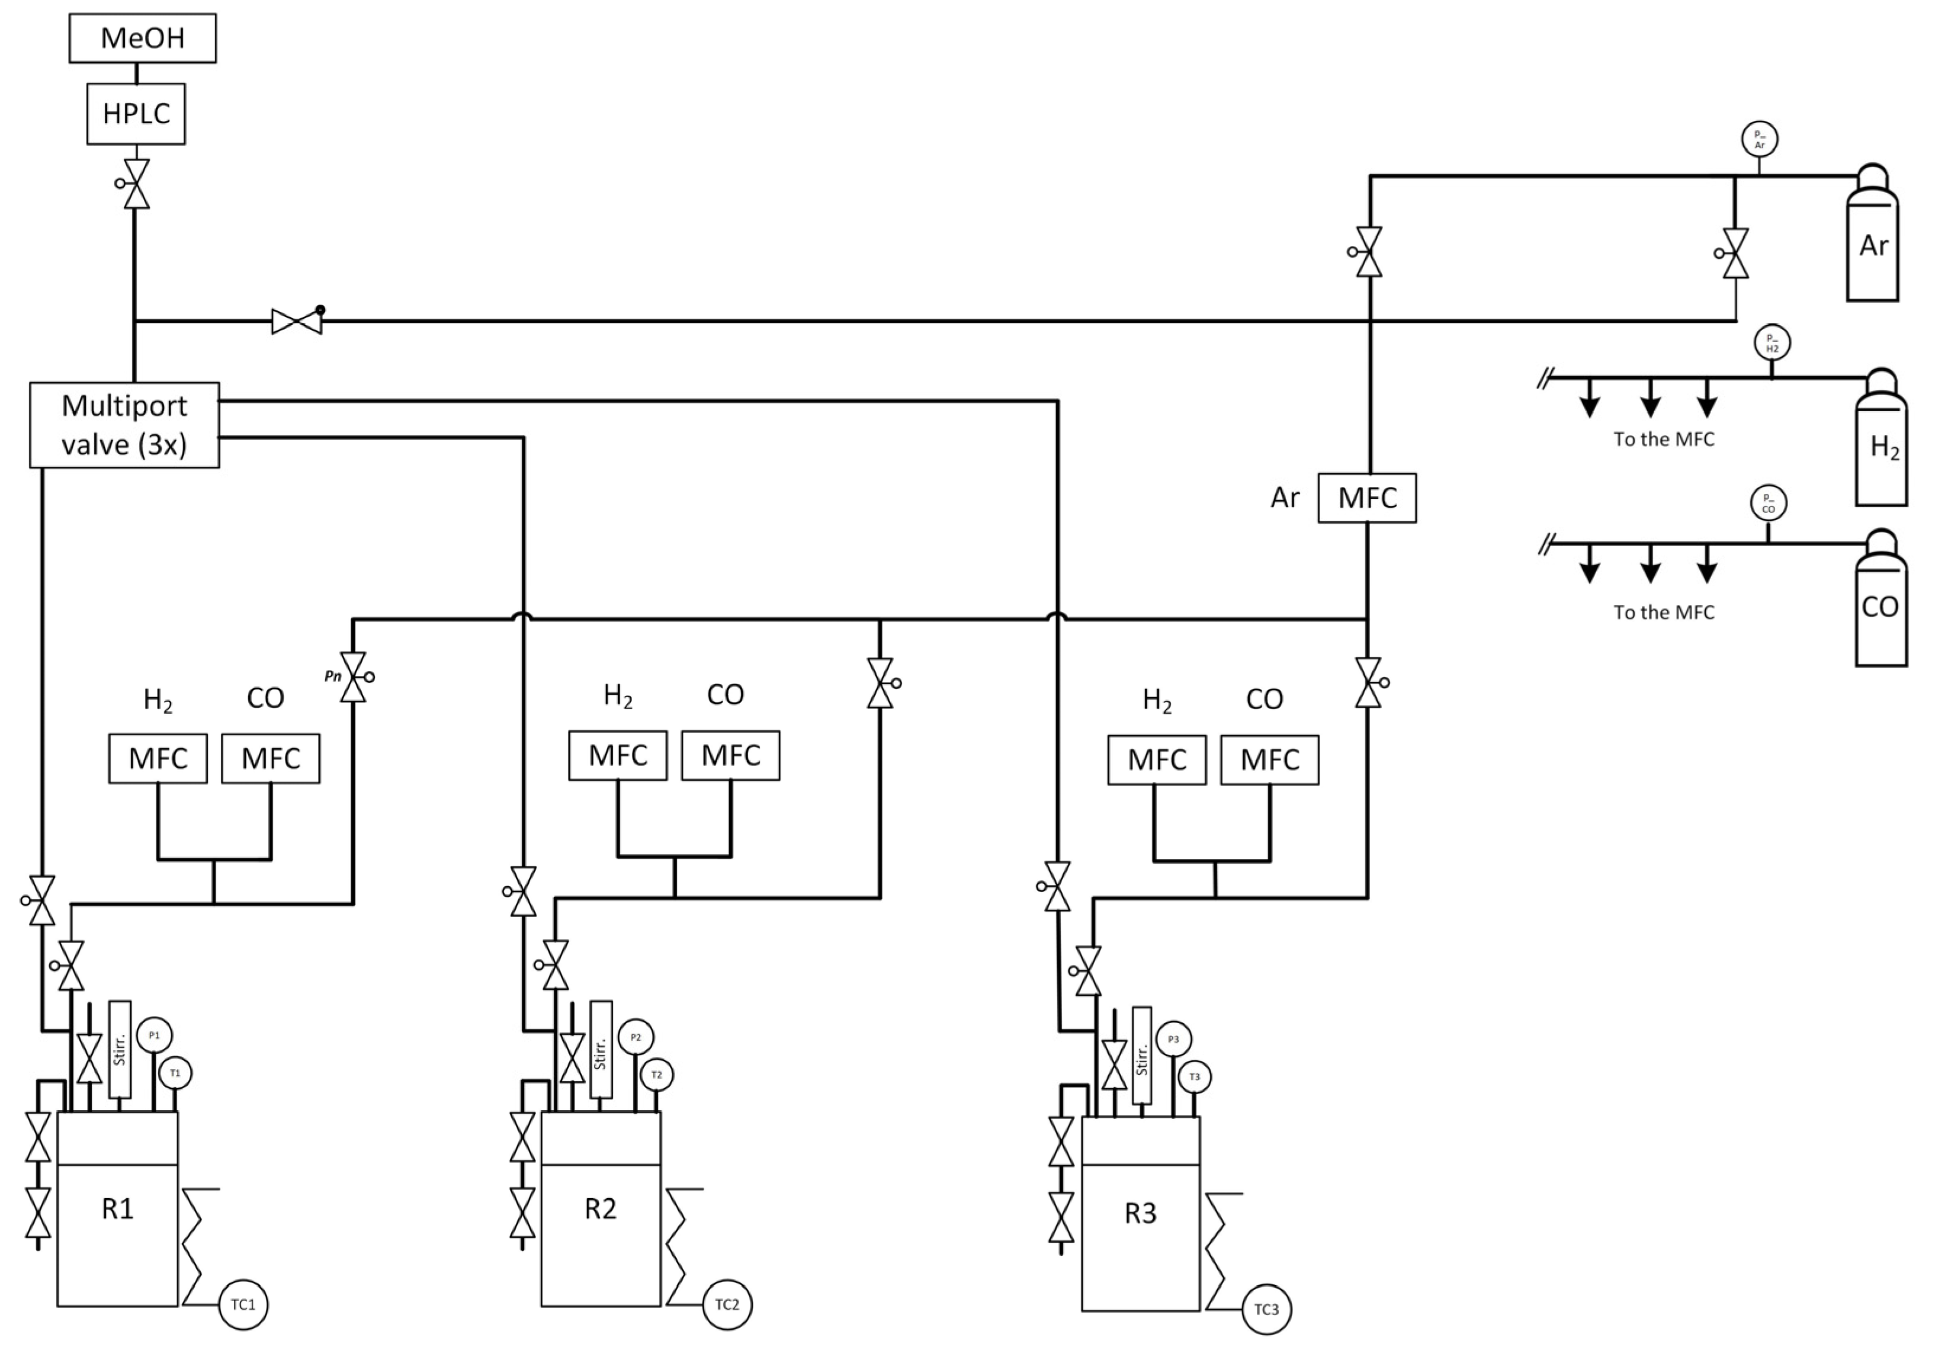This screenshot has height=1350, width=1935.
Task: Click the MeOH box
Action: coord(142,38)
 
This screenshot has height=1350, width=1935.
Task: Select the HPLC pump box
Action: coord(136,114)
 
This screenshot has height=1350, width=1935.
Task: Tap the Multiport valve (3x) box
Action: coord(124,425)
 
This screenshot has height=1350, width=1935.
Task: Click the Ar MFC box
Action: coord(1366,498)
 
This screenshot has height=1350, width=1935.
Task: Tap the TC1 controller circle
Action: coord(243,1304)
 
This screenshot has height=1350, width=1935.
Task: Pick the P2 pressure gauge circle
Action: coord(636,1037)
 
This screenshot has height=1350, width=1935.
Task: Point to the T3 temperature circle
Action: coord(1194,1077)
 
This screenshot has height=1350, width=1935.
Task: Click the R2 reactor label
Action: coord(600,1208)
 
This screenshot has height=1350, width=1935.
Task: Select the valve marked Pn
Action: coord(353,676)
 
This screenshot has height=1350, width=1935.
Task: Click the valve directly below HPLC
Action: coord(136,184)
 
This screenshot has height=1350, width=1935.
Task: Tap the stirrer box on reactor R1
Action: coord(120,1049)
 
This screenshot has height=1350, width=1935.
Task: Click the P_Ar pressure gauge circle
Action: coord(1759,140)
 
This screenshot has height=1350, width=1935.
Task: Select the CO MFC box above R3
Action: coord(1269,760)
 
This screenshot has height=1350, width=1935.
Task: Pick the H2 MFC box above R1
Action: coord(158,758)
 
